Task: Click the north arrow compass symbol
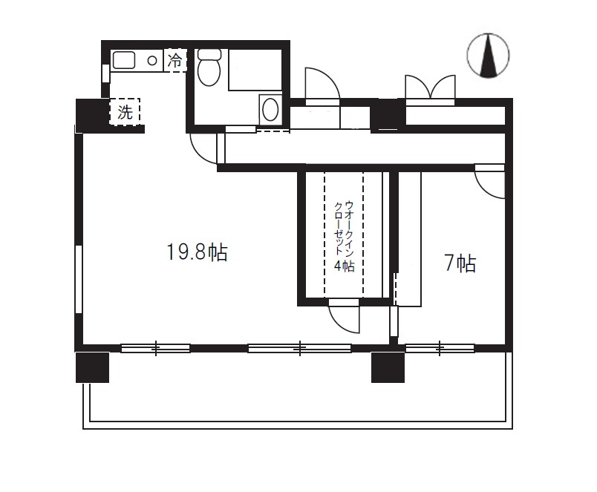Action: coord(488,56)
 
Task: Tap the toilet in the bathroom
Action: coord(209,68)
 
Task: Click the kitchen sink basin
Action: coord(124,60)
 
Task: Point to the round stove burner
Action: coord(152,60)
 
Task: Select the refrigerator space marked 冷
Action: coord(175,60)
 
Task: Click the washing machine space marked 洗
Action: coord(125,111)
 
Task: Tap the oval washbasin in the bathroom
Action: coord(271,109)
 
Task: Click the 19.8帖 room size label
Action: coord(198,252)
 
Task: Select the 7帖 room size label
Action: coord(460,263)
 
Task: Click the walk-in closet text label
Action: coord(345,236)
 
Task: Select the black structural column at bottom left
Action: coord(93,367)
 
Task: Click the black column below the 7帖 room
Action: coord(388,367)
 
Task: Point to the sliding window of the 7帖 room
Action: coord(440,348)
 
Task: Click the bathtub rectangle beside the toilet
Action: coord(255,70)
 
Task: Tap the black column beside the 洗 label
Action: coord(91,115)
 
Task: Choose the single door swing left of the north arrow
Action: coord(322,84)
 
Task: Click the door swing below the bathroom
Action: coord(204,148)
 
